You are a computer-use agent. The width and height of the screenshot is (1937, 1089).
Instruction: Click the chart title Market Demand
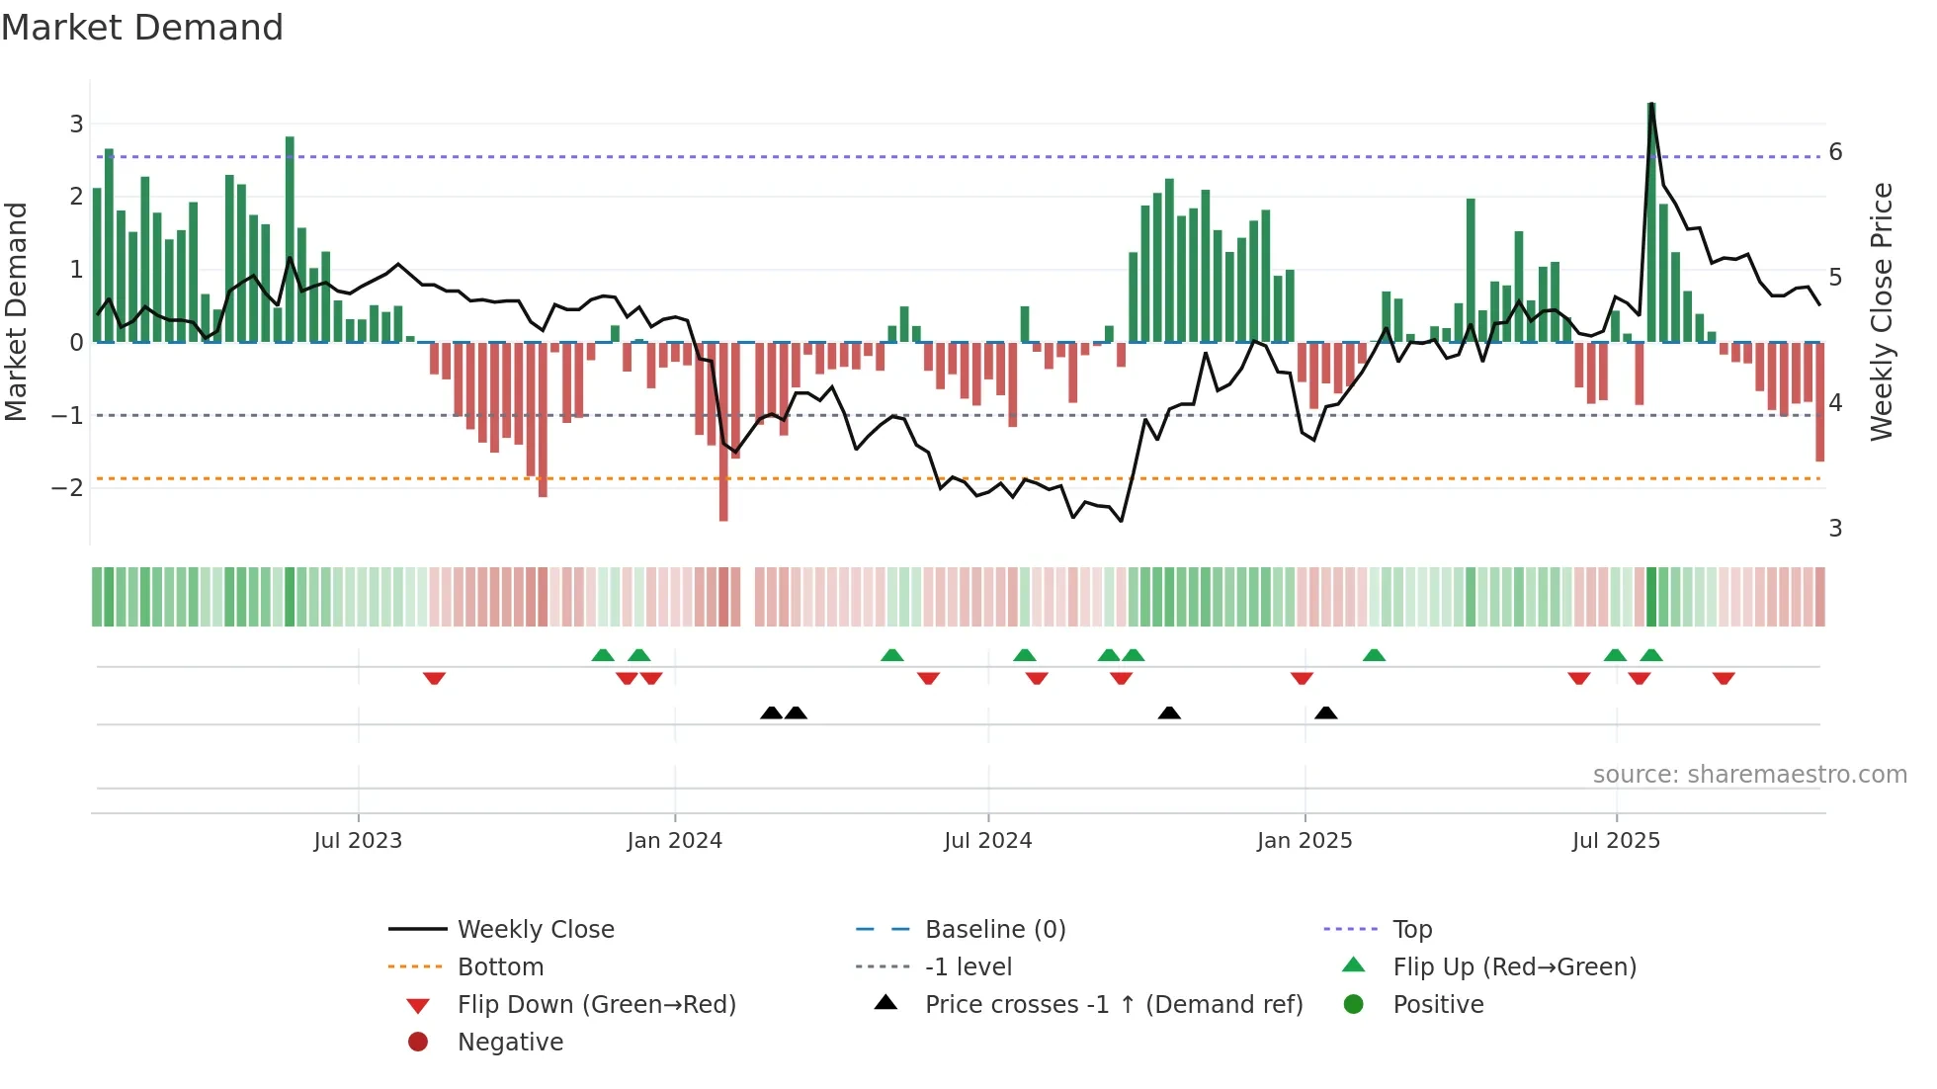point(142,28)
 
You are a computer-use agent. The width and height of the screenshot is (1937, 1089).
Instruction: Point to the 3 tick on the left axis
point(76,124)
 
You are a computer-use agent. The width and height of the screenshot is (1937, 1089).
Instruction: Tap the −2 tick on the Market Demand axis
point(68,487)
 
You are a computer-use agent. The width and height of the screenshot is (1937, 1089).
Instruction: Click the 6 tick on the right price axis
point(1835,151)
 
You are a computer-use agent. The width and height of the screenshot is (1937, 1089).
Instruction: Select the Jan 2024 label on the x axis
point(674,841)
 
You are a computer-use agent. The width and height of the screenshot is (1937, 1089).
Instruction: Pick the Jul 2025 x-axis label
point(1616,841)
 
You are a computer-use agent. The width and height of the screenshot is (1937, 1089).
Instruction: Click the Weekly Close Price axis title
point(1882,311)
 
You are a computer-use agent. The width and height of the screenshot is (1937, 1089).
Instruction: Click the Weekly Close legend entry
point(535,929)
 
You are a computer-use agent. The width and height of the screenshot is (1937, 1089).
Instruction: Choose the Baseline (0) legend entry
point(994,929)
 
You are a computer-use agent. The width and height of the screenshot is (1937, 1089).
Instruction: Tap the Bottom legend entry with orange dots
point(500,966)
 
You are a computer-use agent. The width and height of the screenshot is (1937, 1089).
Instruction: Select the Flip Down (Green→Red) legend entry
point(596,1004)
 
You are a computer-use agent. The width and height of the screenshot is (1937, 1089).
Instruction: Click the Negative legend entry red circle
point(418,1042)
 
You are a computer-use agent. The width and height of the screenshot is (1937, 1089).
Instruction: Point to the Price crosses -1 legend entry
point(1113,1004)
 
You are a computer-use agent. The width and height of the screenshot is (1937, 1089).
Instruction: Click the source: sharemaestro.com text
point(1749,774)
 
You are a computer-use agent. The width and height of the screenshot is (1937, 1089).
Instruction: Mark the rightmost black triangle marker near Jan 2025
point(1326,712)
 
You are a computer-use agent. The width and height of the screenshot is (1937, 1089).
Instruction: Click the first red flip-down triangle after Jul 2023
point(434,678)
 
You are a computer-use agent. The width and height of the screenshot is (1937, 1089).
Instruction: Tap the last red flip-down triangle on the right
point(1724,678)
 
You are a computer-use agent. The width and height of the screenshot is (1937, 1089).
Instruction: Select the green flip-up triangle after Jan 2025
point(1374,655)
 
